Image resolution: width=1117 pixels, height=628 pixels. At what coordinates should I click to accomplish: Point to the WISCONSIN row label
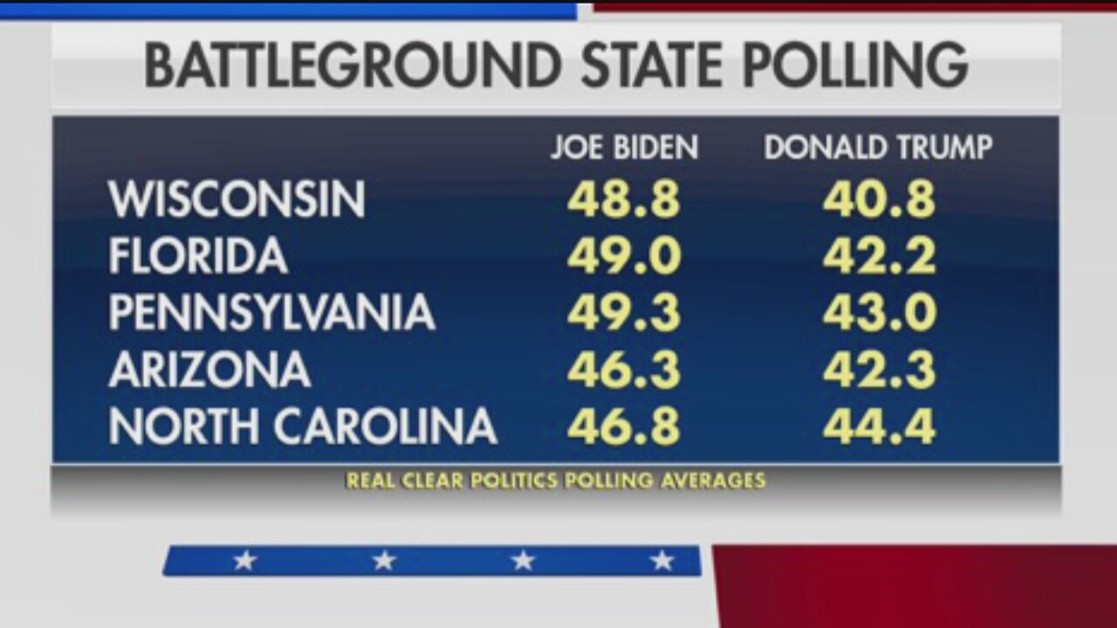236,201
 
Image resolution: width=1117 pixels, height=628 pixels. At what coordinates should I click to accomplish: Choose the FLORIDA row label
198,256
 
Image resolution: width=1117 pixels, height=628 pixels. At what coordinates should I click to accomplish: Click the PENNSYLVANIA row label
271,313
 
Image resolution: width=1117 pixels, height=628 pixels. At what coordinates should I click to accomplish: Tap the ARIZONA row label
209,370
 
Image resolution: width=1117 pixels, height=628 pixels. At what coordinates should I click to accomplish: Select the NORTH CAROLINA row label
303,427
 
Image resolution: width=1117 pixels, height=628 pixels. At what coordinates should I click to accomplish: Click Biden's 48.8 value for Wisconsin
623,201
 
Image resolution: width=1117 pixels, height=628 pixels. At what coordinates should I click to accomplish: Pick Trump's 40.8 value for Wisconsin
879,201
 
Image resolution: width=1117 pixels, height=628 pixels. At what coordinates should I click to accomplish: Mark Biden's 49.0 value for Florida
623,256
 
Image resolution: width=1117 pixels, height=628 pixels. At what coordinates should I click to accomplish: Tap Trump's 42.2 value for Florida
879,256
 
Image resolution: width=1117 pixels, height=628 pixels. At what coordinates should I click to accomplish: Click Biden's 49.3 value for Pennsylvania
623,313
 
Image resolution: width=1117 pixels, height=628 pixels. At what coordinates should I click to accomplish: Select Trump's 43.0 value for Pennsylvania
879,313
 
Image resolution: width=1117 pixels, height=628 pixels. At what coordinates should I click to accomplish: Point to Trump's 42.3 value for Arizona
879,370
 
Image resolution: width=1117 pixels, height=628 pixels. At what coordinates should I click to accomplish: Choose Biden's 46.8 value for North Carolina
623,427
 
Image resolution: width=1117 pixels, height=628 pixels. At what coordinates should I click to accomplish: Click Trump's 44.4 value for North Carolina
879,427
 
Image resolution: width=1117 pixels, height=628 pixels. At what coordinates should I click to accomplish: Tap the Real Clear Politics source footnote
555,481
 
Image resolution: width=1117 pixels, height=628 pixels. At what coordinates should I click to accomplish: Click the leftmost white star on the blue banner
244,561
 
